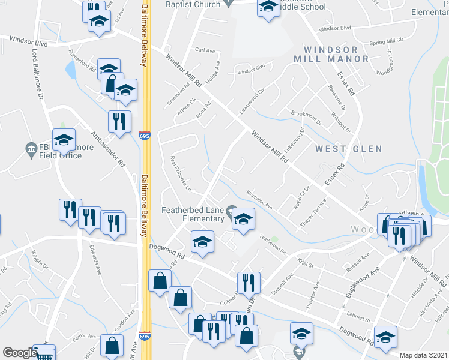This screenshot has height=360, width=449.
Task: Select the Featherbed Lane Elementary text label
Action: coord(192,214)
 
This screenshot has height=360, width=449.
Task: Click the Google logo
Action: coord(20,353)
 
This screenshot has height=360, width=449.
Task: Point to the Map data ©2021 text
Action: coord(424,355)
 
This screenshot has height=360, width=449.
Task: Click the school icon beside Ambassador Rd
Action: coord(64,140)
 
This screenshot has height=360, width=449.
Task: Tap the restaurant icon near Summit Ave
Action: coord(248,281)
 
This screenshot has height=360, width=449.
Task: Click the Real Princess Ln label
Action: coord(180,174)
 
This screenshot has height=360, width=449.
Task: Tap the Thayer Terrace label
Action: coord(313,213)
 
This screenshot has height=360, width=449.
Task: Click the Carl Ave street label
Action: coord(205,51)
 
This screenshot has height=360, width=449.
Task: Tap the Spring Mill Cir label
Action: coord(385,41)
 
